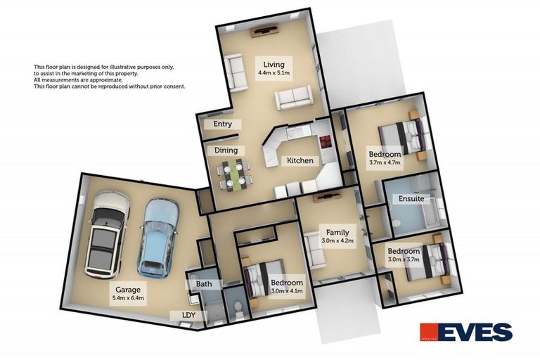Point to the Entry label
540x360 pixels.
tap(222, 124)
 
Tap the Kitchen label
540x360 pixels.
tap(300, 161)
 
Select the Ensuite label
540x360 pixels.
tap(411, 198)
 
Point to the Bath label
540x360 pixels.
tap(204, 284)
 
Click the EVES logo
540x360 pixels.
tap(465, 332)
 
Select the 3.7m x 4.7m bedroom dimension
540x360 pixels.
tap(385, 162)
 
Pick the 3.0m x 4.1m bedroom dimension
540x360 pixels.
tap(286, 291)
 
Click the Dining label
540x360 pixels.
tap(226, 150)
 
